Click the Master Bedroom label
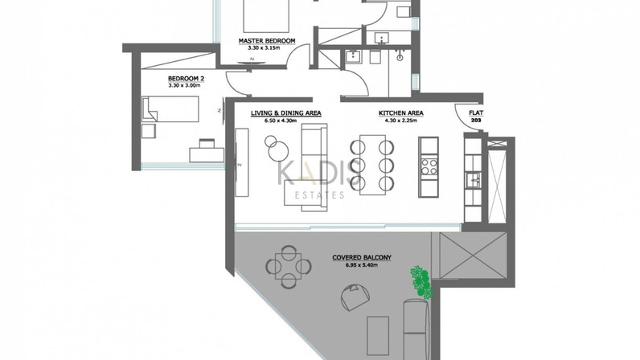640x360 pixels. coord(266,41)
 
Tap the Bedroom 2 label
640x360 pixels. coord(186,79)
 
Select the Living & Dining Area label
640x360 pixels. coord(285,113)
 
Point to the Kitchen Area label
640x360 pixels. coord(401,113)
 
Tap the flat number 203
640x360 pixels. coord(476,121)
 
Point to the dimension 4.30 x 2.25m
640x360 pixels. coord(401,121)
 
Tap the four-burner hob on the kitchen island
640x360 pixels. coord(429,166)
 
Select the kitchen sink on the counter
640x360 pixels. coord(474,179)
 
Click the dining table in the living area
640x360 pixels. coord(372,165)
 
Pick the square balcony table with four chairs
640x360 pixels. coord(288,267)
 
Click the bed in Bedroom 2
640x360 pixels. coord(170,109)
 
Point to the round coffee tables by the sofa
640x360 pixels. coord(277,148)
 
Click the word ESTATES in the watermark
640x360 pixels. coord(319,195)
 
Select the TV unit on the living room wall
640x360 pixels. coord(242,163)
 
